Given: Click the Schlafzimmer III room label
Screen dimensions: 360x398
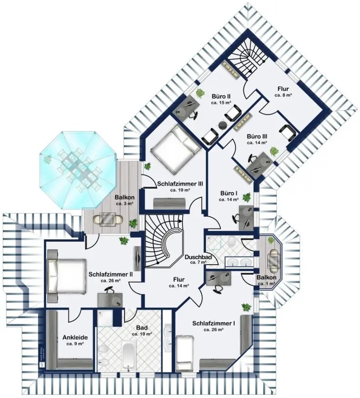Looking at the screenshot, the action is coord(180,184).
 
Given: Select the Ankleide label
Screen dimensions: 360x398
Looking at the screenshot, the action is coord(75,337).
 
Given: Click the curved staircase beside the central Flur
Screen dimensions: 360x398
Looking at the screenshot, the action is coord(163,240).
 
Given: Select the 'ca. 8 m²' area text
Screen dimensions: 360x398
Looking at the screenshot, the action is coord(283,95).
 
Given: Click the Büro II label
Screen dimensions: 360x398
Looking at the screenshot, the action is coord(221,96).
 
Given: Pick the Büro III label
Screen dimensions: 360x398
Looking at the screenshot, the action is coord(256,136).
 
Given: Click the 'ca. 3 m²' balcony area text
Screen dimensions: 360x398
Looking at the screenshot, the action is coord(124,204).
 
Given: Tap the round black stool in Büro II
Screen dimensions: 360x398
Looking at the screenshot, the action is coord(222,125).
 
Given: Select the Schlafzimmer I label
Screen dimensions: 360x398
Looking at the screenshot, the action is coord(213,324).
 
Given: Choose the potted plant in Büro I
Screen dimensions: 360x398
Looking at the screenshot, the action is coord(247,197).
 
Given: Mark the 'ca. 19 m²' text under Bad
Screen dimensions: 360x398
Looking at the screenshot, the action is coord(142,334).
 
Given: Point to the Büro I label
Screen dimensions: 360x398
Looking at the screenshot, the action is coord(228,192).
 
